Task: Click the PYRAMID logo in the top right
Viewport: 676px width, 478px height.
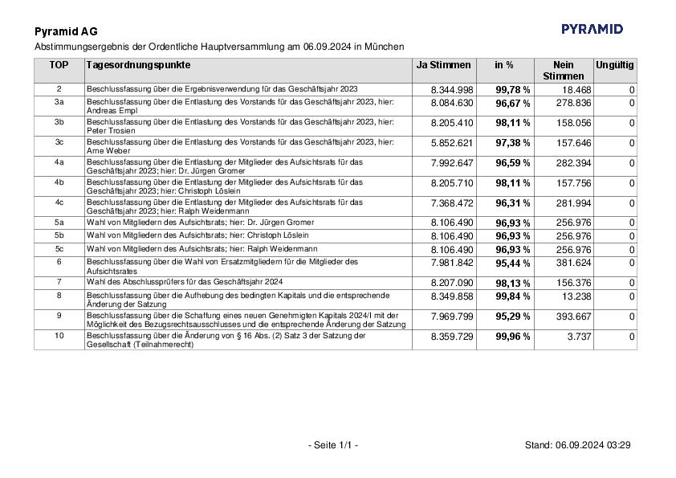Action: coord(592,29)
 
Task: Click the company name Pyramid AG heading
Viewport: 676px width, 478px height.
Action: coord(67,32)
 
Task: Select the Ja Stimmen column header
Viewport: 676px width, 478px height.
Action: coord(443,64)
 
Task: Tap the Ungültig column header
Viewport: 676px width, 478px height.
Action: coord(614,64)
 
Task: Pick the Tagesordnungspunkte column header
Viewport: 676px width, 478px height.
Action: coord(138,64)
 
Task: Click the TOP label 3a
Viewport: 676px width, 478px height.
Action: coord(59,103)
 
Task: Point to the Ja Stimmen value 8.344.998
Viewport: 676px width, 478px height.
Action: coord(452,89)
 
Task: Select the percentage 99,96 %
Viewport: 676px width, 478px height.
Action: coord(512,337)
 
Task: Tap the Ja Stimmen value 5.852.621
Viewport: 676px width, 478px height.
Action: coord(452,143)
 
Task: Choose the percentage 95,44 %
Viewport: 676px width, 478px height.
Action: coord(512,263)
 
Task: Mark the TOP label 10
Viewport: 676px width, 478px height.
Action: coord(59,336)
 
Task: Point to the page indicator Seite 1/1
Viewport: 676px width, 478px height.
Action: coord(332,445)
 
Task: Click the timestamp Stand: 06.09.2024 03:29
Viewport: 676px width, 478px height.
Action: coord(577,445)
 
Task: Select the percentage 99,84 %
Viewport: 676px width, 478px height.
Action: coord(512,296)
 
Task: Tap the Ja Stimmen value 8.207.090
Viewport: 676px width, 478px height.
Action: coord(452,283)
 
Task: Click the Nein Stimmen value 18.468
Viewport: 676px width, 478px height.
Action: coord(576,89)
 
